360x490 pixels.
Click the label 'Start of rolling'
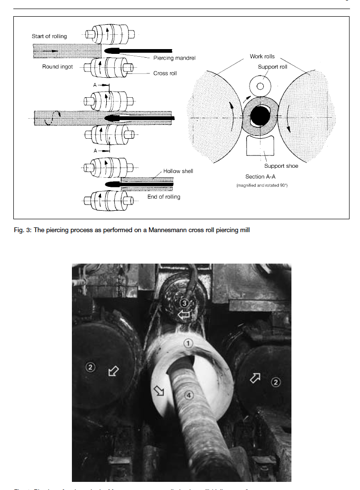click(x=50, y=36)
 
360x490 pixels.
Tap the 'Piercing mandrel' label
click(x=174, y=58)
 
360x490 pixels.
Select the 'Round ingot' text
click(x=58, y=67)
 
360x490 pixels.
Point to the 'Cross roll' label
click(x=165, y=73)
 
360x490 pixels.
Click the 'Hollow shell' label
click(x=178, y=170)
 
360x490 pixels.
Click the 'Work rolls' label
click(x=262, y=56)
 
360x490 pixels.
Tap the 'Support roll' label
click(x=272, y=67)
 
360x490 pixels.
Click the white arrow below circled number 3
click(x=183, y=315)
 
